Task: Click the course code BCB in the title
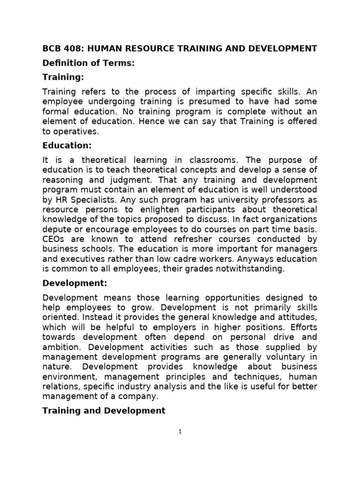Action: click(x=52, y=48)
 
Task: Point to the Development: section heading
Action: click(x=75, y=283)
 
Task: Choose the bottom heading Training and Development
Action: click(x=104, y=411)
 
